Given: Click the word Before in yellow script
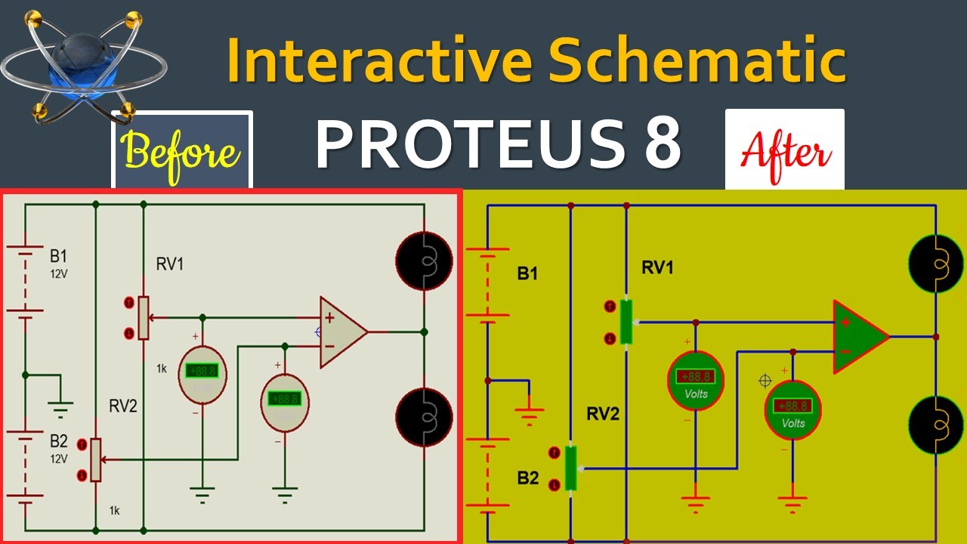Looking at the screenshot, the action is tap(181, 151).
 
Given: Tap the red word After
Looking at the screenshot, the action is tap(786, 151).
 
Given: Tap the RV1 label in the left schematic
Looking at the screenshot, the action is tap(170, 264).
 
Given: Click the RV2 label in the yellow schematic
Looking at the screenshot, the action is tap(603, 413).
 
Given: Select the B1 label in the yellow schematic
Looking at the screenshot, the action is tap(527, 274).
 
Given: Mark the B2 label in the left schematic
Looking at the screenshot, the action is tap(59, 440).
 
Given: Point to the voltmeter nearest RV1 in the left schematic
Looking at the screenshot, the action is tap(202, 371).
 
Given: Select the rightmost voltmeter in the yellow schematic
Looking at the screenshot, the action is tap(792, 409).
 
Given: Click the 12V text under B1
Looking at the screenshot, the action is tap(59, 274).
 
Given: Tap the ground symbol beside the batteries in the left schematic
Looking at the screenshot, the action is tap(61, 409).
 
